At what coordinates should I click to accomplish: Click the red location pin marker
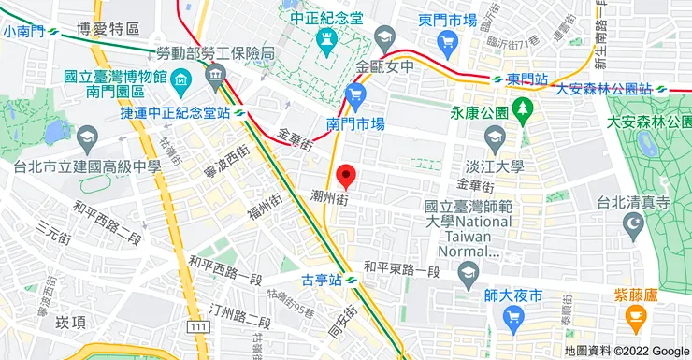347,175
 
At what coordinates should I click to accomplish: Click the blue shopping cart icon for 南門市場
354,94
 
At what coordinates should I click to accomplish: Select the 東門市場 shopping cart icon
447,41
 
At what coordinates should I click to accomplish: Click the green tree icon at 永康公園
522,108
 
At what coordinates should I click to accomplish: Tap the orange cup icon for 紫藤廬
636,321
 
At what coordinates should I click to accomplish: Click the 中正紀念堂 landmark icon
326,39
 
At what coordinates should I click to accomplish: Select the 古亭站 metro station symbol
351,280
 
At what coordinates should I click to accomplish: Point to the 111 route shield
196,325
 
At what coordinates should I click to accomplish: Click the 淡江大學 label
495,166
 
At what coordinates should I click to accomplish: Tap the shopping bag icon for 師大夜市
512,320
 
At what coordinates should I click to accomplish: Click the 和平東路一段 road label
401,269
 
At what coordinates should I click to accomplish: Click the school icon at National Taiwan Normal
468,272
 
